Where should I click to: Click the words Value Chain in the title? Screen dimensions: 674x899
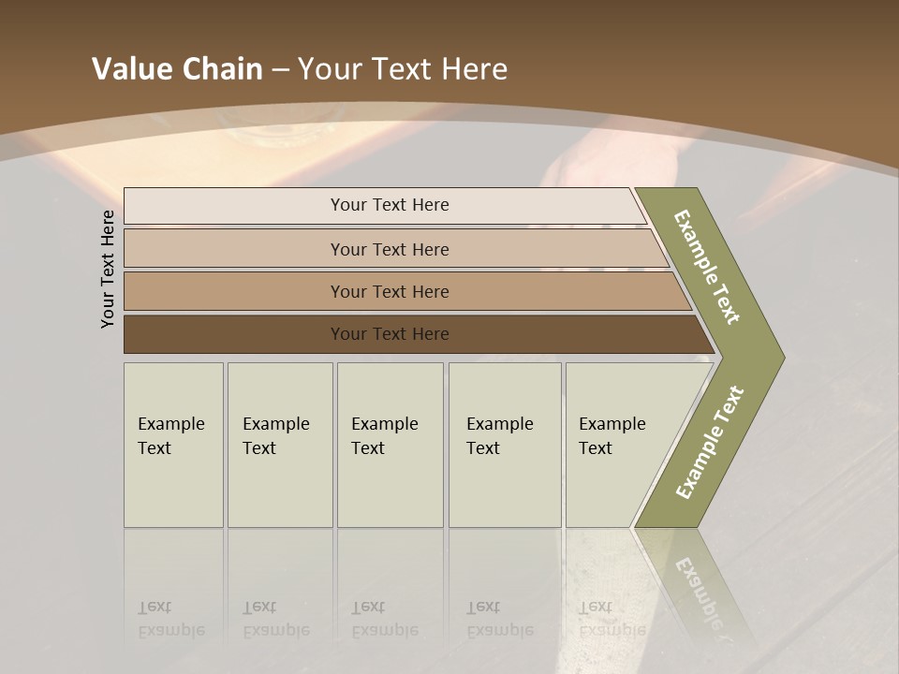(x=177, y=69)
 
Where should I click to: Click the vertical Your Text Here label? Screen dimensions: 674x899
(x=109, y=270)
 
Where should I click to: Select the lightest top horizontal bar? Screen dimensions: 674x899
(x=234, y=206)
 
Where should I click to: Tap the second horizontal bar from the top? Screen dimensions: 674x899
(x=234, y=249)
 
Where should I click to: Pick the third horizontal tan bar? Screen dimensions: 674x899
(x=234, y=291)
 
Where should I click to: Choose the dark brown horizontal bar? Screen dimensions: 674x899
(x=234, y=334)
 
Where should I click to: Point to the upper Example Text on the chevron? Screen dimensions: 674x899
(x=707, y=267)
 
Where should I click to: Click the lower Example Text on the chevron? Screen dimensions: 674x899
(x=709, y=443)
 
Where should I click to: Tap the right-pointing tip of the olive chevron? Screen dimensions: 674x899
(x=779, y=357)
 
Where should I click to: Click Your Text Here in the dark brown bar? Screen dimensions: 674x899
(x=390, y=334)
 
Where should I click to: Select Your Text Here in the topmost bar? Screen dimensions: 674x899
(x=390, y=205)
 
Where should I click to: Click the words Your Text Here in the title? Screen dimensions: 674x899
(x=403, y=69)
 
